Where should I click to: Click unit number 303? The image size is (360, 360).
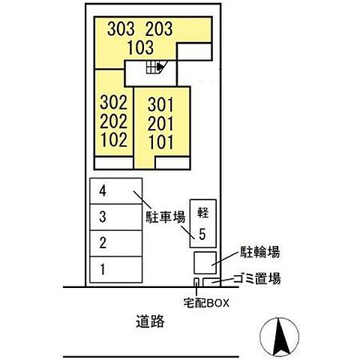pyautogui.click(x=121, y=28)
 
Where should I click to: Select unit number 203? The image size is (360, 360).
pyautogui.click(x=159, y=28)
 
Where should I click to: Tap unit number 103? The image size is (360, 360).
pyautogui.click(x=140, y=47)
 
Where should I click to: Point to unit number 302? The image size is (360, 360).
pyautogui.click(x=114, y=103)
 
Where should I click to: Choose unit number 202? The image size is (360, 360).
pyautogui.click(x=114, y=121)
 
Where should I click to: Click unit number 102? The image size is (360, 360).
pyautogui.click(x=114, y=139)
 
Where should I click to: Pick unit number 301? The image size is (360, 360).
pyautogui.click(x=160, y=105)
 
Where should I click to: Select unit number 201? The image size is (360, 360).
pyautogui.click(x=160, y=124)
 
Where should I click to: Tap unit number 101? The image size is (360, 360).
pyautogui.click(x=161, y=142)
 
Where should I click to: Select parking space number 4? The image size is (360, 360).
pyautogui.click(x=103, y=191)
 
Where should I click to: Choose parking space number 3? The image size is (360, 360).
pyautogui.click(x=103, y=217)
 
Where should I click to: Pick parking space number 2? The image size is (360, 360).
pyautogui.click(x=103, y=243)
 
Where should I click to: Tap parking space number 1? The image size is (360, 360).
pyautogui.click(x=103, y=269)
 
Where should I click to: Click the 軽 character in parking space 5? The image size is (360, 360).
pyautogui.click(x=202, y=213)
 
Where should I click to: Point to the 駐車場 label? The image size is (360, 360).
pyautogui.click(x=166, y=217)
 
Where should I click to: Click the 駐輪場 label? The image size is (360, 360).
pyautogui.click(x=259, y=252)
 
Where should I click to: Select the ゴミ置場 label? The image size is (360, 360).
pyautogui.click(x=256, y=278)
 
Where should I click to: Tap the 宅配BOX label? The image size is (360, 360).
pyautogui.click(x=206, y=303)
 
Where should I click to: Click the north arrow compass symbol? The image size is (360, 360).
pyautogui.click(x=279, y=337)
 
